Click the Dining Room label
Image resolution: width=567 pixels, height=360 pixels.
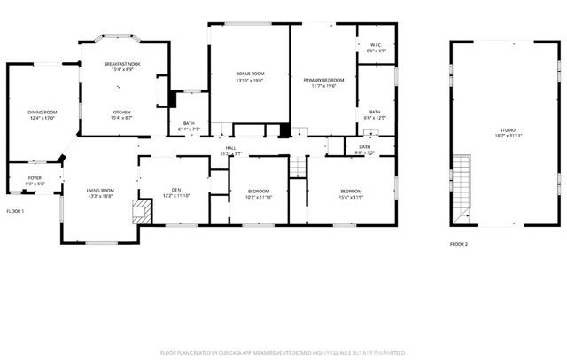coord(43,112)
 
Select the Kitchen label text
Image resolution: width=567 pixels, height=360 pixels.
coord(121,112)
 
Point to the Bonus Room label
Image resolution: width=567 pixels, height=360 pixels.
coord(250,74)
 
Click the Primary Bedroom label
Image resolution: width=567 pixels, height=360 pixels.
coord(323,80)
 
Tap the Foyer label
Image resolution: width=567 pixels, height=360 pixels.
coord(35,177)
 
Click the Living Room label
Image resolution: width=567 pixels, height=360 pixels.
coord(99,191)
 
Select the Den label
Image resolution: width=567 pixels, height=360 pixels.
coord(176,189)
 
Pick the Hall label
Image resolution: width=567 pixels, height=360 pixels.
coord(230,148)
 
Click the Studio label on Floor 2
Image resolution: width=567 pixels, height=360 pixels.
coord(507,130)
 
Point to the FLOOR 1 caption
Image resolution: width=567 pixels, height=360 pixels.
coord(15,211)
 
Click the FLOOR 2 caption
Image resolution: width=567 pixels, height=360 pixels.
coord(458,243)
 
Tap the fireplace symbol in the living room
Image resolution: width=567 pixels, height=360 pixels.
coord(139,211)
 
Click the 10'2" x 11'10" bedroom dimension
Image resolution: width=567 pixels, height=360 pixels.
coord(259,198)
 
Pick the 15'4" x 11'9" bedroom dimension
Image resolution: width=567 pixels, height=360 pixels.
coord(351,198)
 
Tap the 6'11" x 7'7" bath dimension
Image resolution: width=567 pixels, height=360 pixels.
coord(189,129)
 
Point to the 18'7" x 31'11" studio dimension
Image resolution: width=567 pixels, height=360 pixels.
coord(507,137)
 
